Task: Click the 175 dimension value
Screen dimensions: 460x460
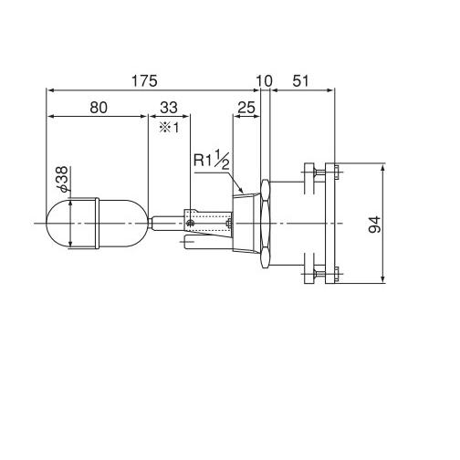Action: click(144, 81)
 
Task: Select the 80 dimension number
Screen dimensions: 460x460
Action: click(99, 108)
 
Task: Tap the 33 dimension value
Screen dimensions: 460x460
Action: click(169, 108)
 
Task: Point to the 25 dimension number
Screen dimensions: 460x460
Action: click(246, 108)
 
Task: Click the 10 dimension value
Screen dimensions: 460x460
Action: click(264, 81)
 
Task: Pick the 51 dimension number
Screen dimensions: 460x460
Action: click(300, 81)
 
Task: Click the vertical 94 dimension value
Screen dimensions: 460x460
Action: click(374, 225)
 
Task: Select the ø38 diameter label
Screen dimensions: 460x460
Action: click(63, 180)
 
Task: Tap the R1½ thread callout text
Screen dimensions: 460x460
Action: click(212, 160)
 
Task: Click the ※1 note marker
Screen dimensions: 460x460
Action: click(169, 128)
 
